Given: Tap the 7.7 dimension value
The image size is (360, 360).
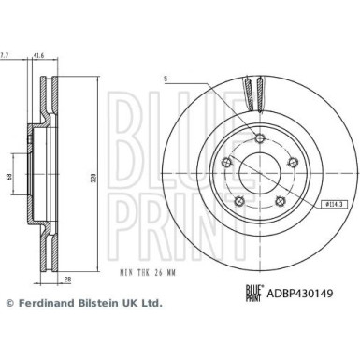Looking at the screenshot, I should coord(6,56).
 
